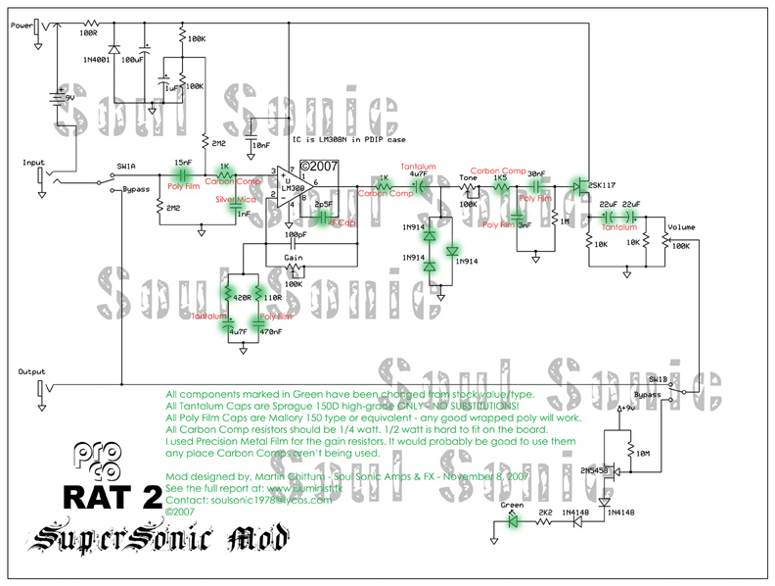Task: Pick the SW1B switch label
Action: click(x=659, y=376)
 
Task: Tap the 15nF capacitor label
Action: click(x=183, y=162)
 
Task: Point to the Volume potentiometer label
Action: click(x=681, y=227)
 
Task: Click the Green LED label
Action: click(x=511, y=506)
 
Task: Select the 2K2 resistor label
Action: click(x=544, y=512)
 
